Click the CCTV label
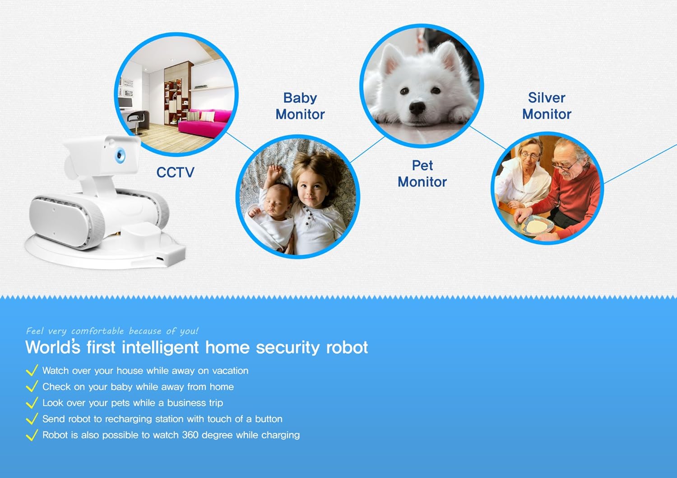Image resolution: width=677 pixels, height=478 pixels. [x=175, y=172]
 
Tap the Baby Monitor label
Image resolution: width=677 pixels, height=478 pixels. [x=300, y=106]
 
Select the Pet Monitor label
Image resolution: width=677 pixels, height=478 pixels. [x=422, y=174]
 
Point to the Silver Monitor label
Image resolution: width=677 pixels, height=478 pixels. [x=547, y=106]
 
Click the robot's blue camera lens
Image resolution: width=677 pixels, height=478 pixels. [x=121, y=155]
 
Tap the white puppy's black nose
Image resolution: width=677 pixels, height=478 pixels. [x=417, y=108]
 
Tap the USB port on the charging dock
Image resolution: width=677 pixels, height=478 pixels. [x=160, y=259]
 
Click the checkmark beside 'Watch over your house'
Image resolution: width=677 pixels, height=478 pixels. [x=32, y=370]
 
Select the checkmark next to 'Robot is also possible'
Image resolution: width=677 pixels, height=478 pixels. [x=32, y=435]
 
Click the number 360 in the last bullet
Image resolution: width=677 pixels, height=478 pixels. [x=190, y=435]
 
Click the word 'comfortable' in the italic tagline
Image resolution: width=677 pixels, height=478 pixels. [x=97, y=331]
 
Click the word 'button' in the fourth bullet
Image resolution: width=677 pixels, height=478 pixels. [x=269, y=419]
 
